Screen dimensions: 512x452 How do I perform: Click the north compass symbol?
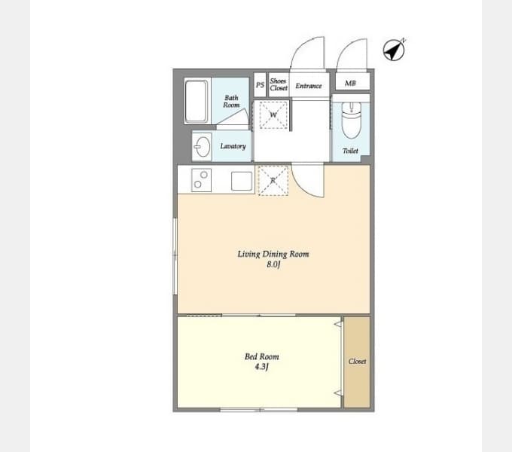coord(394,50)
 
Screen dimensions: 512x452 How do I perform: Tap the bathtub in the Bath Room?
coord(197,101)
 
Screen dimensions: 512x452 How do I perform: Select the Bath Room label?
coord(231,101)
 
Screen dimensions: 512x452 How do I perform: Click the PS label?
coord(260,85)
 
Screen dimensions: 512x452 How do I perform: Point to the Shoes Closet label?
coord(279,84)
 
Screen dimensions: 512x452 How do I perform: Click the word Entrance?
coord(309,86)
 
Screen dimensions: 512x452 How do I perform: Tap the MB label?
coord(350,84)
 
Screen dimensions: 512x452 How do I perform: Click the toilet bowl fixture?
coord(352,121)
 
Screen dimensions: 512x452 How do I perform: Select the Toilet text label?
coord(350,151)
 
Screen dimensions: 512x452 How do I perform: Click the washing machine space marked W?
coord(273,115)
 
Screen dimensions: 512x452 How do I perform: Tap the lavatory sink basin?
coord(203,147)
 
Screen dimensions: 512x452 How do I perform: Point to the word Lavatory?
coord(233,146)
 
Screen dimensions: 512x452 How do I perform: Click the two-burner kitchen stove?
coord(201,180)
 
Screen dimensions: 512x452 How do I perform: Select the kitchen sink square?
coord(242,181)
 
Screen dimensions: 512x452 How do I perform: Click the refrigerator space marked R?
coord(273,181)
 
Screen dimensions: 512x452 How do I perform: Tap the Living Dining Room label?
coord(273,254)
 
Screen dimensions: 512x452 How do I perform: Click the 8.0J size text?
coord(273,264)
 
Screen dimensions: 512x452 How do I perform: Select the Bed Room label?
coord(262,356)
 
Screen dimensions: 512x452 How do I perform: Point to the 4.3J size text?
coord(261,367)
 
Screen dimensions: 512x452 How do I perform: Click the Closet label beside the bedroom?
coord(357,361)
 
